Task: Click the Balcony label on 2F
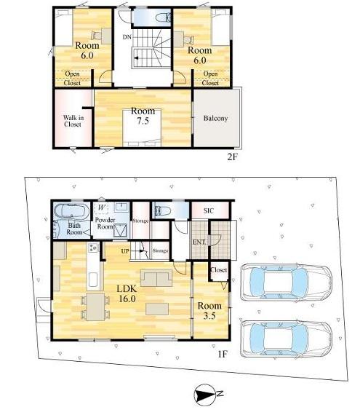click(215, 118)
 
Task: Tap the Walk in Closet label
click(73, 121)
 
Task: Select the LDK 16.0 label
click(127, 293)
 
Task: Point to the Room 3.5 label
click(209, 311)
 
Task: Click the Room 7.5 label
click(143, 116)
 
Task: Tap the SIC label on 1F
click(209, 211)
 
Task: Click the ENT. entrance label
click(199, 242)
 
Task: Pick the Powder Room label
click(105, 223)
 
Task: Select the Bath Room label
click(74, 229)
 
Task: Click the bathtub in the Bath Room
click(71, 212)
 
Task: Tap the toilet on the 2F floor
click(163, 17)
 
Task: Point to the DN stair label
click(127, 37)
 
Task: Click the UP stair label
click(125, 251)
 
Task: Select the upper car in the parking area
click(286, 282)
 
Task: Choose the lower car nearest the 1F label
click(286, 339)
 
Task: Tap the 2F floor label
click(232, 157)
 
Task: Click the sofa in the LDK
click(156, 277)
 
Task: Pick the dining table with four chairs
click(95, 307)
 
